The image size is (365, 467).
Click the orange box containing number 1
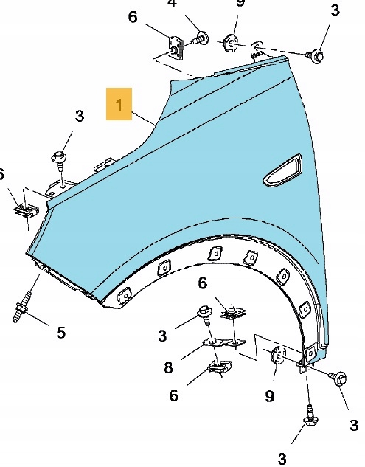pos(119,104)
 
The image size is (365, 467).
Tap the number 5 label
pos(60,333)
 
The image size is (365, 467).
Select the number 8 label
pos(169,367)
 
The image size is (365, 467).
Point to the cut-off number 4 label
pos(172,3)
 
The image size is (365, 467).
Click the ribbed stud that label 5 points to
pos(21,307)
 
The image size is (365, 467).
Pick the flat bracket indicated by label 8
pos(223,344)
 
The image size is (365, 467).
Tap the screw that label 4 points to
pos(200,38)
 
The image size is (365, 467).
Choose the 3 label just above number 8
pos(162,336)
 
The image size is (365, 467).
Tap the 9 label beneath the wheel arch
pos(269,396)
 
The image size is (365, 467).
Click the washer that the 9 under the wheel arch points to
pos(277,355)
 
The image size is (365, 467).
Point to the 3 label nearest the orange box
pos(80,116)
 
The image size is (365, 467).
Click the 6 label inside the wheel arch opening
pos(203,283)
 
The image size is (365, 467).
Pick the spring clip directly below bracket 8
pos(220,367)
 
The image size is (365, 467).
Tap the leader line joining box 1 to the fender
pos(144,118)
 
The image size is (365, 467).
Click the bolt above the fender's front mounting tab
pos(59,160)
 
